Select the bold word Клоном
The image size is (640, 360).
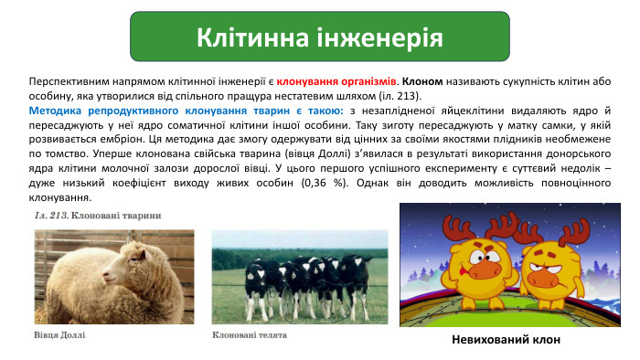[x=422, y=80]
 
